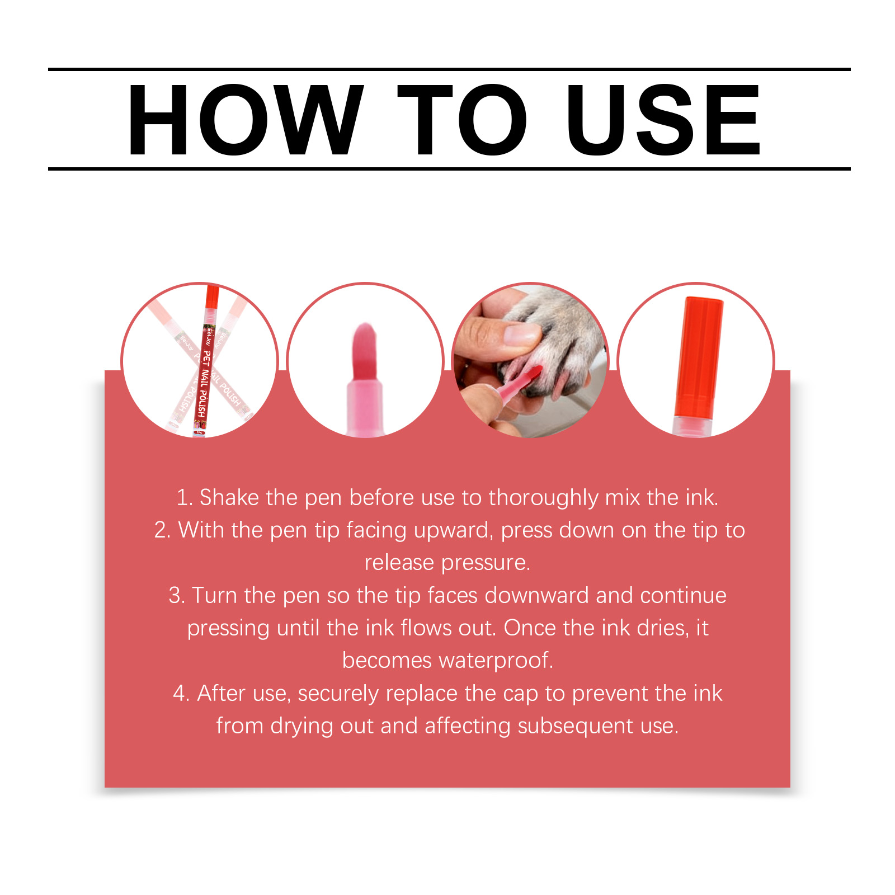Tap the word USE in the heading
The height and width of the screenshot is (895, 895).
tap(663, 120)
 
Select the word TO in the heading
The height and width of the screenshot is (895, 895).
tap(463, 120)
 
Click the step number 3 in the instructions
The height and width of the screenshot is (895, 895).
tap(176, 596)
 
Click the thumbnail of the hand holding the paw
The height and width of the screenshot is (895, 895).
tap(530, 360)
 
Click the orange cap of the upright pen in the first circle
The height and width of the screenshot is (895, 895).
tap(211, 296)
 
